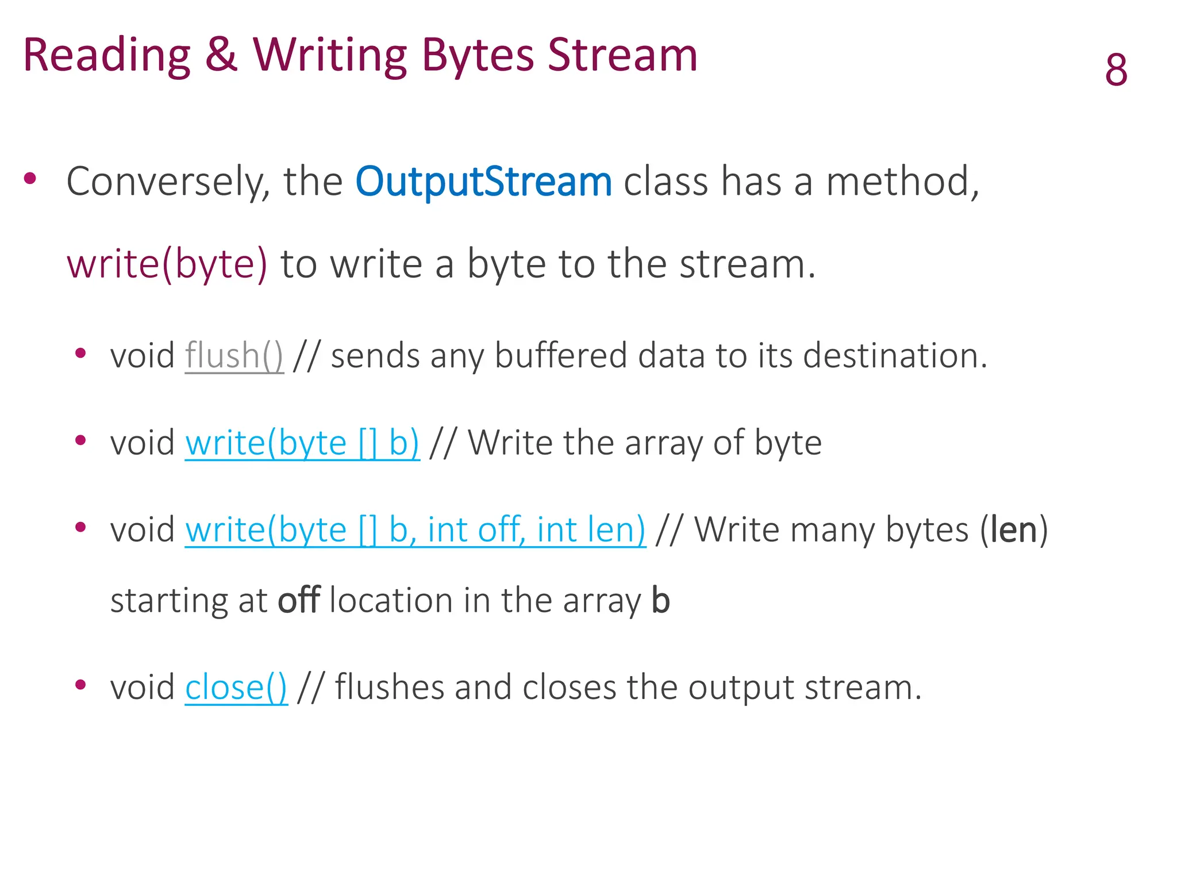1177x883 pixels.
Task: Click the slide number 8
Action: pos(1116,70)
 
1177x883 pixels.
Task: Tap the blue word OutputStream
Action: pos(483,182)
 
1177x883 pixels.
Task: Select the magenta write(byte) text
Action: pos(167,264)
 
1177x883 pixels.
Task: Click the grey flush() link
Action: pos(234,356)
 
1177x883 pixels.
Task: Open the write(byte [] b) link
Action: pos(302,443)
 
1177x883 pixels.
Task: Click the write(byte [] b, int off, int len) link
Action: pos(415,529)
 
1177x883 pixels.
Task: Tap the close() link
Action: pos(236,688)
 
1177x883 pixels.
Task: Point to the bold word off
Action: pos(298,601)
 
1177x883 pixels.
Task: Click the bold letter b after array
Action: pos(660,601)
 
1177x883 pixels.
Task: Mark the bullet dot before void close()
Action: pos(80,684)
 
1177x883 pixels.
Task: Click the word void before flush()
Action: pos(142,356)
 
